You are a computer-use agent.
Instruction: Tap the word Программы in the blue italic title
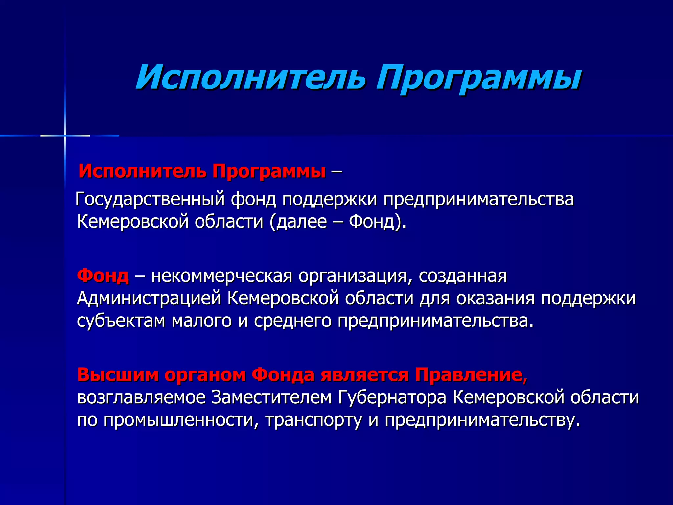point(478,79)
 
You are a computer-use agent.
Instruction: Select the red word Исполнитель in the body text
point(142,171)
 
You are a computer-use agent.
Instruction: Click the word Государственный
point(150,200)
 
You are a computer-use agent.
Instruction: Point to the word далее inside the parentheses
point(302,222)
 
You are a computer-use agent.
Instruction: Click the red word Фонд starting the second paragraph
point(103,276)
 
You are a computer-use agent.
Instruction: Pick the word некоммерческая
point(221,277)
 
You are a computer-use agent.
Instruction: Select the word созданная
point(463,276)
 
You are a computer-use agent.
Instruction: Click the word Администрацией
point(149,299)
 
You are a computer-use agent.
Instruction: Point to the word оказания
point(495,299)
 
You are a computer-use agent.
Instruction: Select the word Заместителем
point(271,397)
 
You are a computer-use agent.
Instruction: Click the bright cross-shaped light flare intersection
point(65,135)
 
